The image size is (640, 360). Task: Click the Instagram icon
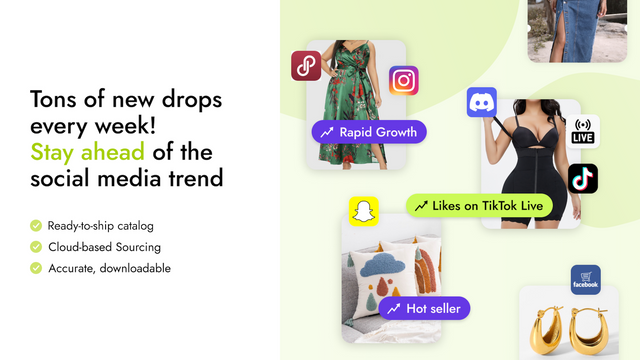403,80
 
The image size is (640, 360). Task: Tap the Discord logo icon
482,103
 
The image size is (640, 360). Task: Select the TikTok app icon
582,178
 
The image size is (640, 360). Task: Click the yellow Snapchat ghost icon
363,211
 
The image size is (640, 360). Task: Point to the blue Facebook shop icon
585,279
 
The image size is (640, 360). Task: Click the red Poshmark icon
305,66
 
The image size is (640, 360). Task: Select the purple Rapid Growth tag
368,132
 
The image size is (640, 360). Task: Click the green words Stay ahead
87,152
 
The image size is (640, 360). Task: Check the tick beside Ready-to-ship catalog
36,225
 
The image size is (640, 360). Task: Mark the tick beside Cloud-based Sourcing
36,246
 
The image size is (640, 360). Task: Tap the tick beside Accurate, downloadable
36,268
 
